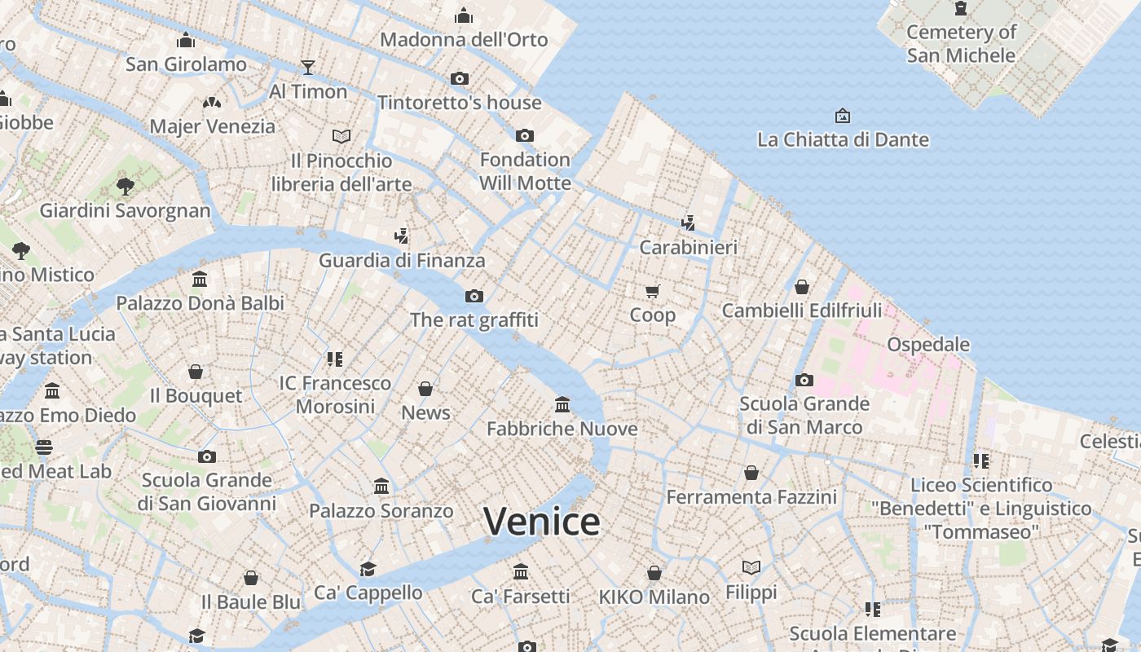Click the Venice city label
click(542, 522)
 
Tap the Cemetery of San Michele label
click(962, 44)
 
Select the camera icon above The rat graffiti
click(474, 296)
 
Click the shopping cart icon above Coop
click(652, 291)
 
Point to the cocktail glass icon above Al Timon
click(308, 67)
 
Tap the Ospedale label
click(928, 344)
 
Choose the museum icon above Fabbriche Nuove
click(562, 404)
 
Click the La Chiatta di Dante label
click(843, 139)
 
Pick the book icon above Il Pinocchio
click(341, 136)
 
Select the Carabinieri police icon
click(689, 222)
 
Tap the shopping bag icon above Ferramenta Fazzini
click(751, 473)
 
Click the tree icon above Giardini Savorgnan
click(125, 187)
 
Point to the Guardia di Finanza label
click(402, 261)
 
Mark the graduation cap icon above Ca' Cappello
click(368, 569)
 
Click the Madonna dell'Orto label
click(464, 39)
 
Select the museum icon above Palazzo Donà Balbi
click(200, 280)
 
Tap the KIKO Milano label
click(654, 597)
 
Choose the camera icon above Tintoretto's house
click(460, 79)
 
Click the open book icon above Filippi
click(751, 567)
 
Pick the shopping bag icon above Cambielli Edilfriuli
click(802, 287)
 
